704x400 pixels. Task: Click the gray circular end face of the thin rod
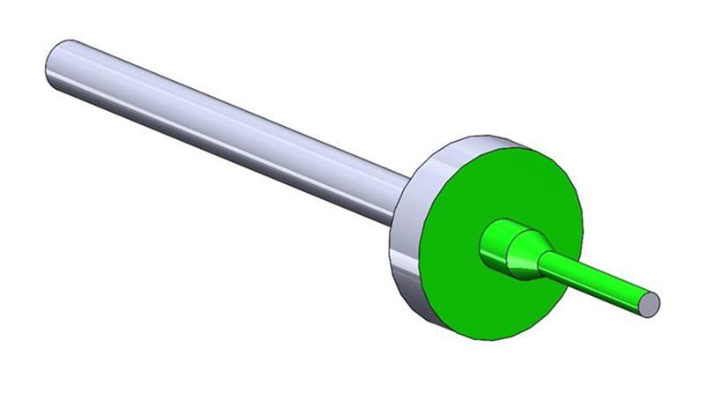click(649, 304)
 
